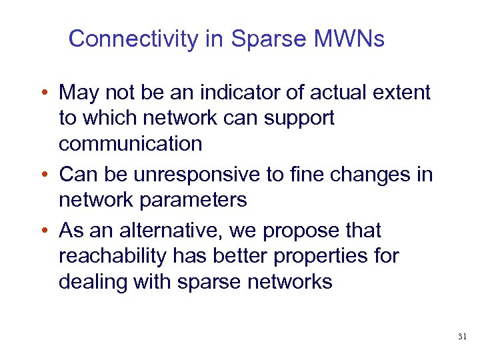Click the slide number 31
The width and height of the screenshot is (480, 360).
462,337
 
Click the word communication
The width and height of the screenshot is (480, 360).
131,143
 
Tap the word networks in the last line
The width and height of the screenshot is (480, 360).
289,281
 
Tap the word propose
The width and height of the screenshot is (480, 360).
302,231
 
